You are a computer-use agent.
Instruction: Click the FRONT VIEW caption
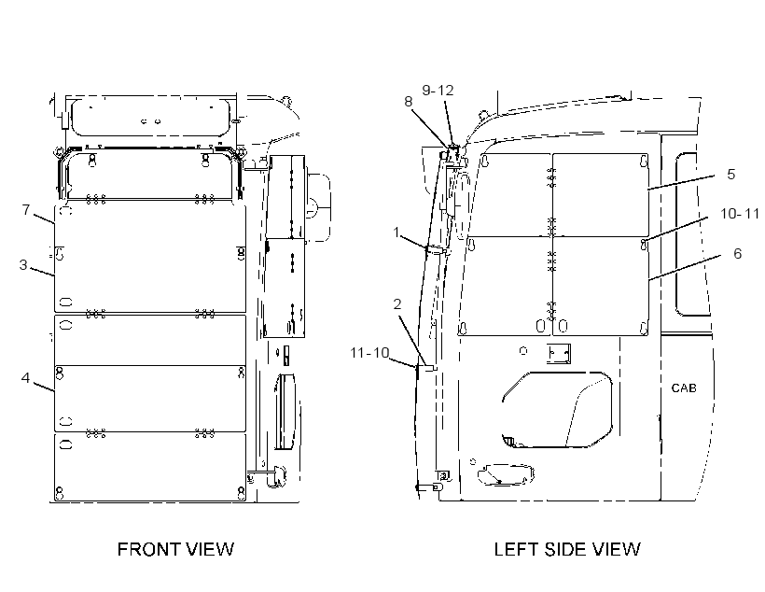point(175,549)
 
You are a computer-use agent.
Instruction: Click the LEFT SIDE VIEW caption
point(567,549)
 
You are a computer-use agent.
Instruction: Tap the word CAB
point(684,388)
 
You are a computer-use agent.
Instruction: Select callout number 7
point(26,209)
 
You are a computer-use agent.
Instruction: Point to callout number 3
point(23,265)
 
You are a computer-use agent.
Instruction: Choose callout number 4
point(25,377)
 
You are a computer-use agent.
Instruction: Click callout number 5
point(730,175)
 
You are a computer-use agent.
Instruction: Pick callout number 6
point(737,253)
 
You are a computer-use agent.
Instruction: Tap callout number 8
point(409,102)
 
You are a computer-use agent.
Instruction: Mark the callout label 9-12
point(438,91)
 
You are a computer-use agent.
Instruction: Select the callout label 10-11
point(740,214)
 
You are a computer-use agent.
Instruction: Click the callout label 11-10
point(369,352)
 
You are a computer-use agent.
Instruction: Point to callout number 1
point(396,233)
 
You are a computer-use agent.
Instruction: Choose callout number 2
point(397,304)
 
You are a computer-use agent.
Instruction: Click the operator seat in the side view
point(557,409)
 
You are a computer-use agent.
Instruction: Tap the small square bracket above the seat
point(558,354)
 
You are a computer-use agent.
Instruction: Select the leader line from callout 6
point(685,267)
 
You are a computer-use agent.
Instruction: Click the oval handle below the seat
point(505,474)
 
